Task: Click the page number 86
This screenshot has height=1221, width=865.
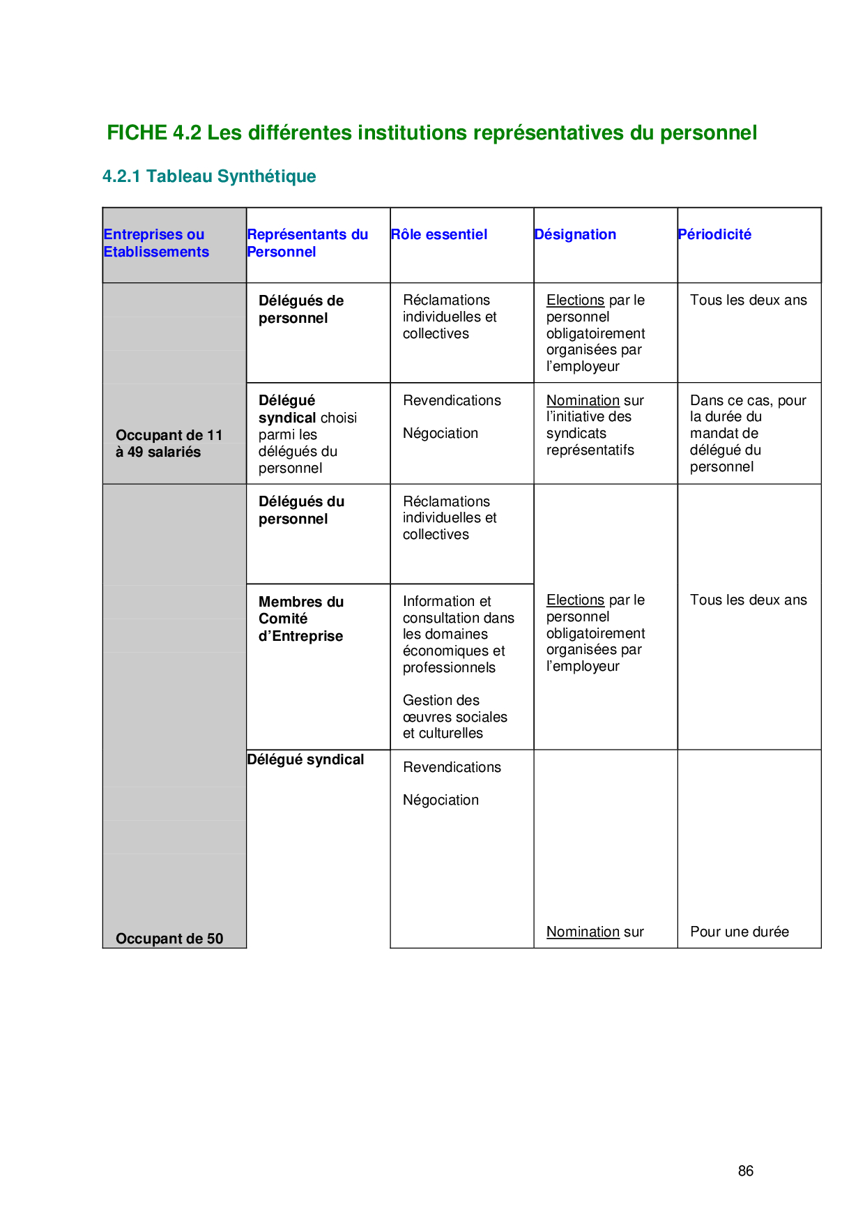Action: pyautogui.click(x=745, y=1171)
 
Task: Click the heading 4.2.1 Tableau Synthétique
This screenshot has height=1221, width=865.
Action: pyautogui.click(x=209, y=176)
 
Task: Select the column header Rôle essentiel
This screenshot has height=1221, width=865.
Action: pyautogui.click(x=439, y=235)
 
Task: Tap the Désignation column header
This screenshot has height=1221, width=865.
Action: pyautogui.click(x=575, y=235)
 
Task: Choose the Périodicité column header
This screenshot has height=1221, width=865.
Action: pyautogui.click(x=714, y=235)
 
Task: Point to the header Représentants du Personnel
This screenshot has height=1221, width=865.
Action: pyautogui.click(x=307, y=243)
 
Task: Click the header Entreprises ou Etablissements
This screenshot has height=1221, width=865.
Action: pyautogui.click(x=156, y=243)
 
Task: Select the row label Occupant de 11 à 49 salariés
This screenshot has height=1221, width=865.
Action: pyautogui.click(x=169, y=443)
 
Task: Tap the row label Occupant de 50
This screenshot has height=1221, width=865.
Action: pyautogui.click(x=169, y=939)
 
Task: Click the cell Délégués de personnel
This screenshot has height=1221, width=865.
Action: pyautogui.click(x=301, y=310)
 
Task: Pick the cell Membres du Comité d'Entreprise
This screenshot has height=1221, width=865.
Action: pyautogui.click(x=301, y=619)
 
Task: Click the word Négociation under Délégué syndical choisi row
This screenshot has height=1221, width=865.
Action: pyautogui.click(x=441, y=434)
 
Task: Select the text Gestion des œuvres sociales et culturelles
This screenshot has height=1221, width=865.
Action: pyautogui.click(x=454, y=717)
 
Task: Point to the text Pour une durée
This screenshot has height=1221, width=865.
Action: pyautogui.click(x=740, y=932)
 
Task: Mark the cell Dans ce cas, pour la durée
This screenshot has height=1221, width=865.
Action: pyautogui.click(x=748, y=433)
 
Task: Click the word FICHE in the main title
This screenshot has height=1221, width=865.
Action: pyautogui.click(x=137, y=133)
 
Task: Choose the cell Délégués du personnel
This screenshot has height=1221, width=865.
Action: pyautogui.click(x=301, y=510)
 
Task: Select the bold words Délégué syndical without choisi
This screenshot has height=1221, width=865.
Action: pyautogui.click(x=305, y=760)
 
